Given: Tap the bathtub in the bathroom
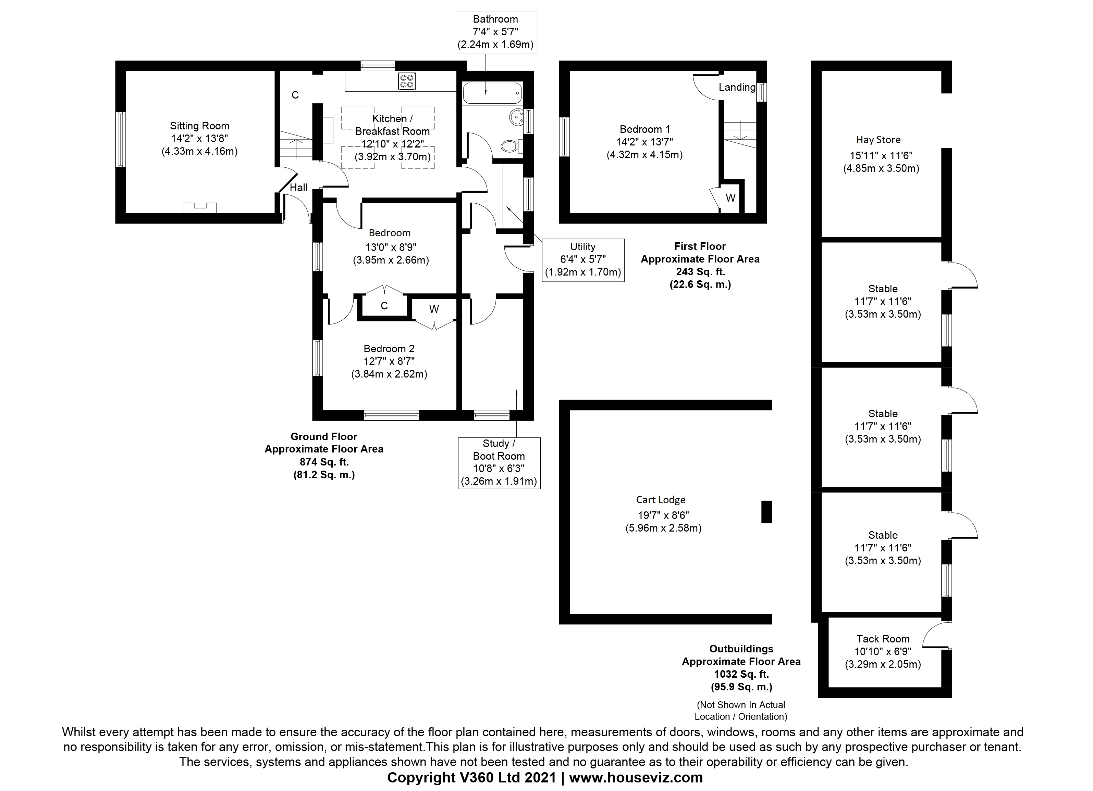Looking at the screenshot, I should pyautogui.click(x=492, y=93).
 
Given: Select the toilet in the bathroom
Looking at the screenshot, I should pyautogui.click(x=511, y=146).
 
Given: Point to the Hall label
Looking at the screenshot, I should pyautogui.click(x=299, y=188).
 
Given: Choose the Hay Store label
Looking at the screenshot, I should pyautogui.click(x=878, y=140).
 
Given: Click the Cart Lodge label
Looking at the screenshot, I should pyautogui.click(x=660, y=500).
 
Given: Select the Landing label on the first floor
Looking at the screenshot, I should pyautogui.click(x=737, y=87).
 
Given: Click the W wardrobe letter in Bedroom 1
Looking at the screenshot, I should pyautogui.click(x=730, y=198).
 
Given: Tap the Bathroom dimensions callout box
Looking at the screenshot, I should pyautogui.click(x=495, y=32).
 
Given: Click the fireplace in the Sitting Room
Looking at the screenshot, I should pyautogui.click(x=200, y=207).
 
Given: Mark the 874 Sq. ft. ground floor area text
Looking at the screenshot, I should pyautogui.click(x=324, y=462).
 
